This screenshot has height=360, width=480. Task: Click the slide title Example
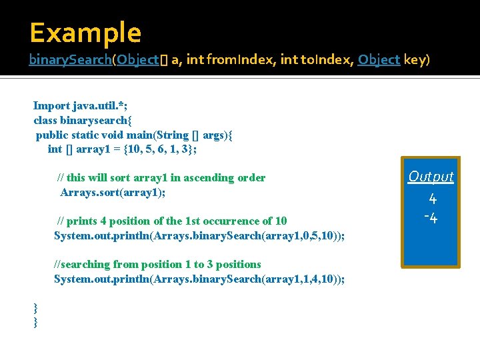pos(85,33)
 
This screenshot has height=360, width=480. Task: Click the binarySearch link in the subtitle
pos(69,60)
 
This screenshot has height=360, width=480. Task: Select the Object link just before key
pos(379,60)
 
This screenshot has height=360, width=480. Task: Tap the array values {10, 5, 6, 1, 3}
pos(162,149)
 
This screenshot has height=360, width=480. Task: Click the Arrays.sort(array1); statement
pos(113,193)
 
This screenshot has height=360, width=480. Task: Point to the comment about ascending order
pos(161,178)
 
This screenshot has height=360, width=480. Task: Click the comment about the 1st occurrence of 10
pos(172,221)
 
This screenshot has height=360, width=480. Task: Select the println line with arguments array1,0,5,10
pos(199,236)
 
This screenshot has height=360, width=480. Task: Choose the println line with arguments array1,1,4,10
pos(199,279)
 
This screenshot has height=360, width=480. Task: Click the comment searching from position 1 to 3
pos(157,265)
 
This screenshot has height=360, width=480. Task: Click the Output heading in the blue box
pos(431,177)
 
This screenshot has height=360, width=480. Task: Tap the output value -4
pos(431,218)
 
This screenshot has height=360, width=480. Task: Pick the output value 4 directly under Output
pos(432,199)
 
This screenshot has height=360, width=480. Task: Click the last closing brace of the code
pos(36,323)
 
